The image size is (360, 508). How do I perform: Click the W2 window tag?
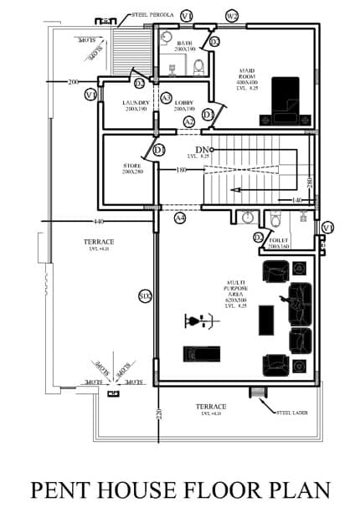point(232,16)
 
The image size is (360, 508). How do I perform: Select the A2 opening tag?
point(189,122)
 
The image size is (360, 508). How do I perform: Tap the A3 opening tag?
point(167,98)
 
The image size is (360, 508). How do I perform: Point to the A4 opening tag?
point(179,218)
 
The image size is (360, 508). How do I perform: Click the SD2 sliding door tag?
point(144,296)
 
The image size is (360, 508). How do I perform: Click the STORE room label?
point(133,167)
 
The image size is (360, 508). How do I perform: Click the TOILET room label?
point(279,243)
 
